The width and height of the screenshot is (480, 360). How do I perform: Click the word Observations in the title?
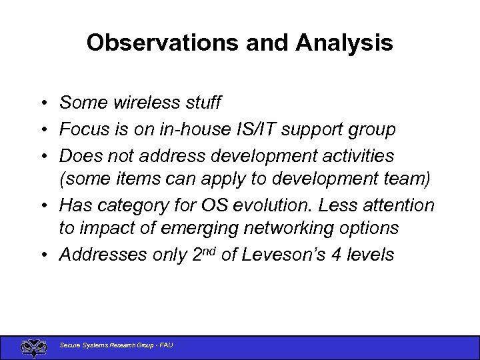162,43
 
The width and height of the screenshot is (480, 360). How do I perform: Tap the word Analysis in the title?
345,43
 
